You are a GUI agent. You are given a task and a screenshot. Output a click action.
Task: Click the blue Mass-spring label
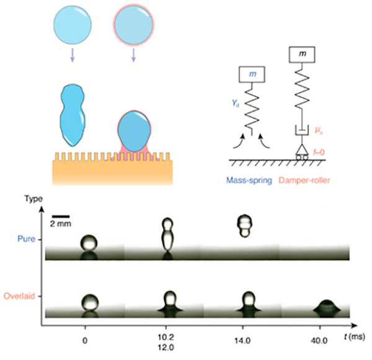(x=248, y=181)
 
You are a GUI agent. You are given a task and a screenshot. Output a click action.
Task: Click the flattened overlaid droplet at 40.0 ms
(x=327, y=306)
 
